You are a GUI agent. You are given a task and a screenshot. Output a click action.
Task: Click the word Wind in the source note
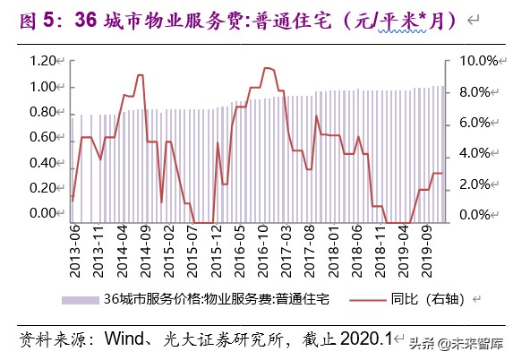125,339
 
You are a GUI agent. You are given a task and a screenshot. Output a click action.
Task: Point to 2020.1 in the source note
362,339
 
